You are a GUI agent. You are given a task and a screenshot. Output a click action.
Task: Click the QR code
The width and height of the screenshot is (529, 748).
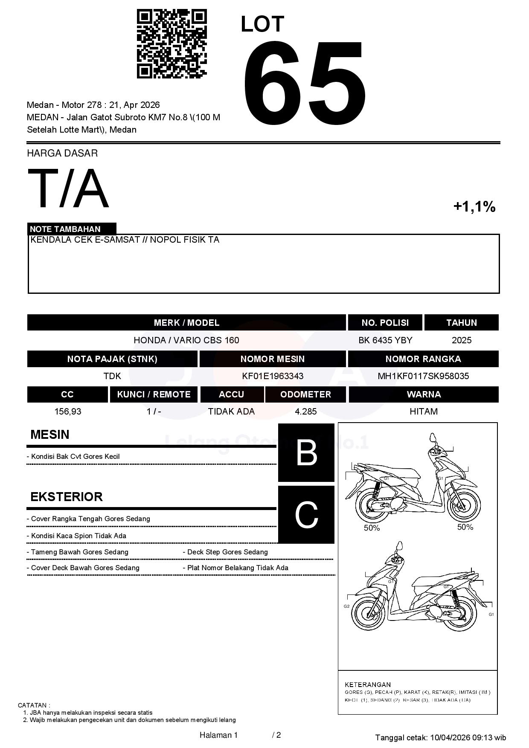point(171,44)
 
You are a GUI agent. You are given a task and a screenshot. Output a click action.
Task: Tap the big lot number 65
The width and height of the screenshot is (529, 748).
point(304,83)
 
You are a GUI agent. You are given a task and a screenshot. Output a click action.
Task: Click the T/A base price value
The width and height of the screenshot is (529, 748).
point(68,188)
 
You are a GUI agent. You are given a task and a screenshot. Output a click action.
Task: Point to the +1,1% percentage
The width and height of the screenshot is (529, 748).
point(474,207)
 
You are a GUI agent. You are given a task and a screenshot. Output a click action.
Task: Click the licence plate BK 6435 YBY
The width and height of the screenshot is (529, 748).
point(385,340)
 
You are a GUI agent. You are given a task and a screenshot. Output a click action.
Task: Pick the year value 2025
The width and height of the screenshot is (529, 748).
point(461,340)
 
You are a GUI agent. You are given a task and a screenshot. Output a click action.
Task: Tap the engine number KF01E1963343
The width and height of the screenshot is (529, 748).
point(273,376)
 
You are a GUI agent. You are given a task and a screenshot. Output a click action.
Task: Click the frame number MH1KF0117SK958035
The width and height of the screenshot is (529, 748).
point(423,376)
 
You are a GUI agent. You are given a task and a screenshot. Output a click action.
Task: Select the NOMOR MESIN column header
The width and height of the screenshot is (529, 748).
point(272,359)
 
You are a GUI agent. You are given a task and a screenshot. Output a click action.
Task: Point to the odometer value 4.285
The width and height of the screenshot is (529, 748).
point(305,412)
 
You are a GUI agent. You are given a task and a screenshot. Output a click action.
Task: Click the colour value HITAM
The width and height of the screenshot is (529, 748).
point(423,412)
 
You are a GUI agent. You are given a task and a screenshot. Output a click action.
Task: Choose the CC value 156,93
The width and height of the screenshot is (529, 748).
point(67,412)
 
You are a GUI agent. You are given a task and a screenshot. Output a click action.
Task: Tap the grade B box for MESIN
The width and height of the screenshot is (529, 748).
point(306,452)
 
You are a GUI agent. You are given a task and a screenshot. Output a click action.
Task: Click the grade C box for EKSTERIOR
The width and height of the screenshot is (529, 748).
point(306,515)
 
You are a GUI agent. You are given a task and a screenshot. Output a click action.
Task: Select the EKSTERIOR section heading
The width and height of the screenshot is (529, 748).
point(67,497)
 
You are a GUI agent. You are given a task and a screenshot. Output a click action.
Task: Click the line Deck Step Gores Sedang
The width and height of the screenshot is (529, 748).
point(227,552)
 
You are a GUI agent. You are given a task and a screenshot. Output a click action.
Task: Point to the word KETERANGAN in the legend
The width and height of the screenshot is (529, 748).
point(367,685)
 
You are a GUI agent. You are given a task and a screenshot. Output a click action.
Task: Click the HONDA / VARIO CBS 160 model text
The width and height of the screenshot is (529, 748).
point(186,340)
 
